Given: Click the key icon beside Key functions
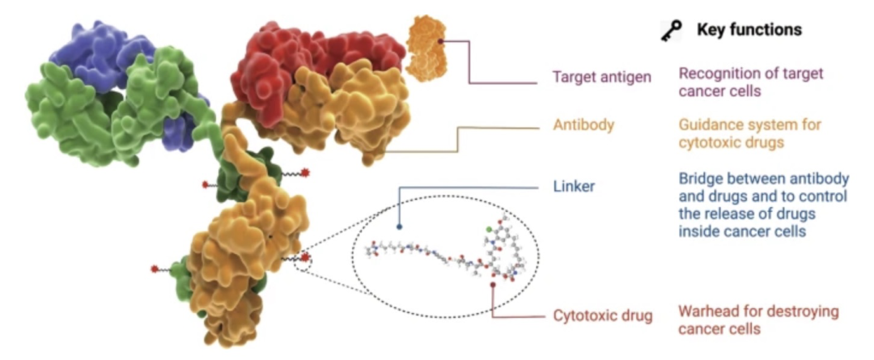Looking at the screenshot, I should coord(672,30).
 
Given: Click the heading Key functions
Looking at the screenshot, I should coord(749,30).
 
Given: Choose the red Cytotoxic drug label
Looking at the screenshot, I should coord(603,316).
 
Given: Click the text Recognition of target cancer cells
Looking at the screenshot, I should coord(750,82).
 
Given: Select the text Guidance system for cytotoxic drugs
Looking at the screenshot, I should coord(750,134).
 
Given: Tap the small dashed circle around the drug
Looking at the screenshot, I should coord(304,260).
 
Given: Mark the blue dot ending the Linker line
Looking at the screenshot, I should coord(400,229).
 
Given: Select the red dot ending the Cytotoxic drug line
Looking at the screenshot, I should coord(494,284).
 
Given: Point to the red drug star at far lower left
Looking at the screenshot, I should coord(154,268).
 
